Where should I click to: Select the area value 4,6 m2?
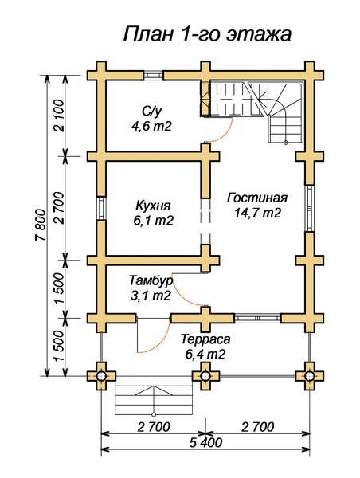(x=152, y=125)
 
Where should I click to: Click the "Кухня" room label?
(x=152, y=203)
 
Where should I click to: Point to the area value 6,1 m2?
(x=152, y=219)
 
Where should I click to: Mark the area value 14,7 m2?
(x=256, y=213)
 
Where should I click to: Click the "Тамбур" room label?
(x=150, y=280)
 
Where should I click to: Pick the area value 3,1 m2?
(x=150, y=296)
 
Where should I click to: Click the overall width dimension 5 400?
(x=205, y=443)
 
